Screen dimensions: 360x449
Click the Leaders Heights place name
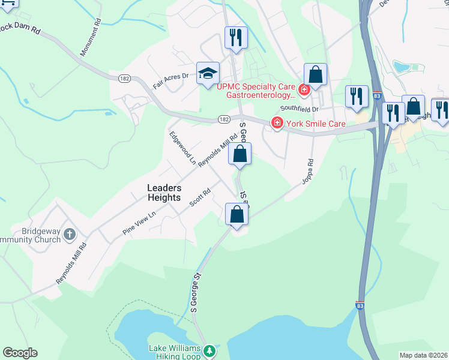pos(164,192)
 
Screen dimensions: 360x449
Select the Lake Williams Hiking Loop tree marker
pos(209,350)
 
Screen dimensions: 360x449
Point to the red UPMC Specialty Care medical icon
pos(304,90)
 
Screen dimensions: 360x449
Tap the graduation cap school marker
pos(208,73)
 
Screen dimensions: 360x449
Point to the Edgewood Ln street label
pos(182,148)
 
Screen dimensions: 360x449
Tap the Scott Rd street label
pos(200,197)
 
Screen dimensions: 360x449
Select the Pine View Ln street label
pos(139,223)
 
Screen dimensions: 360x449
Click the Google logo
pos(20,353)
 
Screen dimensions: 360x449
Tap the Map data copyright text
pos(423,355)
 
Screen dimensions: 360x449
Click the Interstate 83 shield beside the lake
pos(360,305)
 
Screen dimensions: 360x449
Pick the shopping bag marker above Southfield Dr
pos(315,75)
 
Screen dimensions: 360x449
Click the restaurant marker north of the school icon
pos(235,37)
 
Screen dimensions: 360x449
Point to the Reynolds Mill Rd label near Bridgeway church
pos(71,263)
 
